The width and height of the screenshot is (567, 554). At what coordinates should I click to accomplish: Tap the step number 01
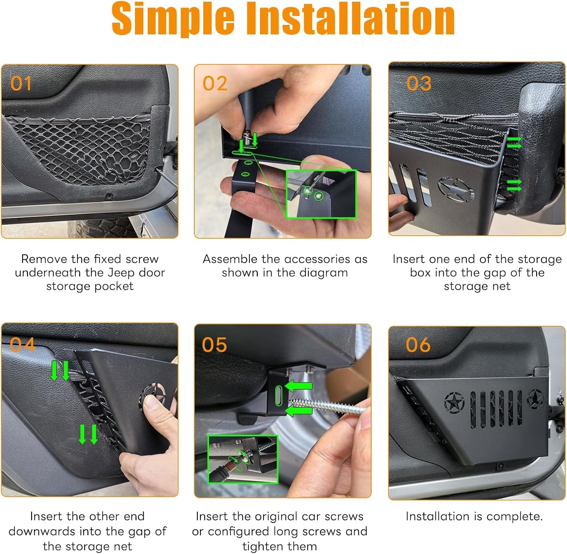coord(21,83)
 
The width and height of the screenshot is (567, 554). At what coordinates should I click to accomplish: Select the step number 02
coord(215,83)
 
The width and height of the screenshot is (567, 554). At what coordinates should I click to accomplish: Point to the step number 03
coord(418,83)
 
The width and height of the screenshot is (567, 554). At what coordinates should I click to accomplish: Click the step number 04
coord(22,345)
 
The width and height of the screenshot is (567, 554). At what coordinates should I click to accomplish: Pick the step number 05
coord(214,345)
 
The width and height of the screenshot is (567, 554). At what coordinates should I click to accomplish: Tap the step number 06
coord(418,345)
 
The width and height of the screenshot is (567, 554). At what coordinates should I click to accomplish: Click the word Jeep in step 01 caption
coord(121,273)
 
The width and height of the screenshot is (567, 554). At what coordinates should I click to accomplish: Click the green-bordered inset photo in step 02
coord(321,194)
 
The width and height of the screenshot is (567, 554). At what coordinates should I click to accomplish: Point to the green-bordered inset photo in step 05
coord(243,459)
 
